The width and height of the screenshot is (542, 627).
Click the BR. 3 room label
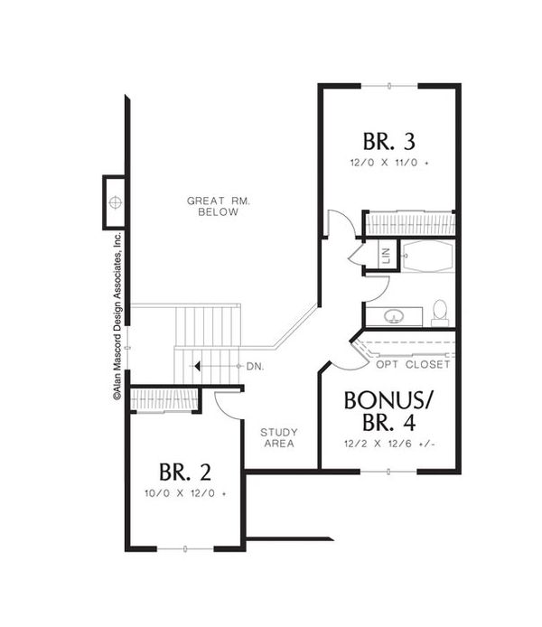pyautogui.click(x=389, y=142)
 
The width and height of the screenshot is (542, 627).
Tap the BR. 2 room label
pyautogui.click(x=185, y=473)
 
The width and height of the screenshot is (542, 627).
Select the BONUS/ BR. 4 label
pyautogui.click(x=388, y=411)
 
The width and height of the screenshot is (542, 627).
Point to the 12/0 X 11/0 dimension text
pyautogui.click(x=389, y=164)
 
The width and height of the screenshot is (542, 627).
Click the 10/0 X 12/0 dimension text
pyautogui.click(x=185, y=493)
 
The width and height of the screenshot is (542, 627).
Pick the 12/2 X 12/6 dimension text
pyautogui.click(x=389, y=444)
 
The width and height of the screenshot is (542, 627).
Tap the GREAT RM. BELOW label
pyautogui.click(x=219, y=206)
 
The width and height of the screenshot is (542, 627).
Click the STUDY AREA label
pyautogui.click(x=279, y=438)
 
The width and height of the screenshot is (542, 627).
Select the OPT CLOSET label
pyautogui.click(x=414, y=365)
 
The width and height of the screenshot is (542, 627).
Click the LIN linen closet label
pyautogui.click(x=386, y=256)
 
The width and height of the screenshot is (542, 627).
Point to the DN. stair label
pyautogui.click(x=255, y=367)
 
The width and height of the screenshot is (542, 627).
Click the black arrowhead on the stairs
pyautogui.click(x=197, y=366)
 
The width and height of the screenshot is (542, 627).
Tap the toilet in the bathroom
pyautogui.click(x=440, y=313)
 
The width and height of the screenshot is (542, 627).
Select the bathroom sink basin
pyautogui.click(x=394, y=316)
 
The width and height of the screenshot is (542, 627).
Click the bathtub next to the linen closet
pyautogui.click(x=428, y=257)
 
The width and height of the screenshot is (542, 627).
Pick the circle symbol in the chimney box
pyautogui.click(x=115, y=202)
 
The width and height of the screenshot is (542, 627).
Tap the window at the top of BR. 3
pyautogui.click(x=389, y=86)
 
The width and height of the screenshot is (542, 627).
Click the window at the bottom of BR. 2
pyautogui.click(x=185, y=549)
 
